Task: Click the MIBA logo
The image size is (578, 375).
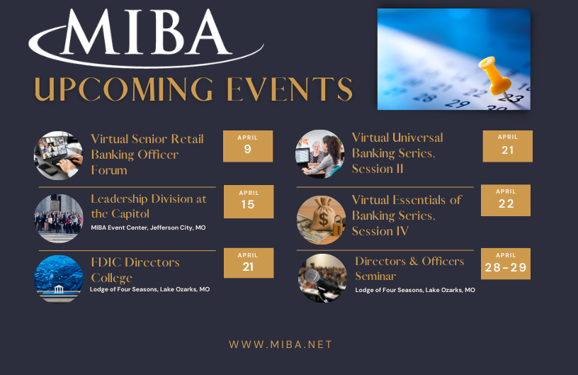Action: [x=146, y=39]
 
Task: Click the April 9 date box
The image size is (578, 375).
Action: [x=248, y=146]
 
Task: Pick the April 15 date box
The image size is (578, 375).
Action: [x=248, y=201]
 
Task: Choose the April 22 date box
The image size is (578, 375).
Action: [x=505, y=200]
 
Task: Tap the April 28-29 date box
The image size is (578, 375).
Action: [x=505, y=263]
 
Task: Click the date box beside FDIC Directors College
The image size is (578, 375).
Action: [x=248, y=262]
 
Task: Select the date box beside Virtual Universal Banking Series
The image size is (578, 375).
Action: [x=507, y=146]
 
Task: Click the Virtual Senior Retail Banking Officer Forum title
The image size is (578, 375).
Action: [x=147, y=155]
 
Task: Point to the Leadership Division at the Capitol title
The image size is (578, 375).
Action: [x=149, y=206]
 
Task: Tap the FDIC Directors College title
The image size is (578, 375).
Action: [x=135, y=270]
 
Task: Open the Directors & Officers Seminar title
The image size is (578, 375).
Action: [x=409, y=269]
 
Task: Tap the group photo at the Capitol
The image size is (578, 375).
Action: [x=59, y=218]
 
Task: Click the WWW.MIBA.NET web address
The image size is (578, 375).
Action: [x=280, y=345]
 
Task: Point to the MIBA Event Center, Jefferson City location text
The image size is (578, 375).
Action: [x=149, y=228]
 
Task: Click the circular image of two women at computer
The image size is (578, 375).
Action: [x=320, y=154]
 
